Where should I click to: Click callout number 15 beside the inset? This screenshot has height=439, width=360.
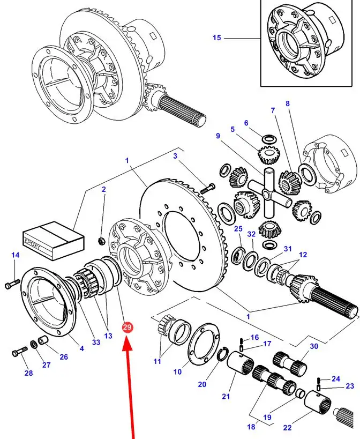216,38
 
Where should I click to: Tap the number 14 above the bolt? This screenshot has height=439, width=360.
15,256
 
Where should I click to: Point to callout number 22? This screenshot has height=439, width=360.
287,427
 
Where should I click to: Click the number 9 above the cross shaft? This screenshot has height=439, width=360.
218,136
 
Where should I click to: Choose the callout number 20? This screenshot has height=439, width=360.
201,384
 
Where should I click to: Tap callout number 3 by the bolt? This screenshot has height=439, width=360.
175,156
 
